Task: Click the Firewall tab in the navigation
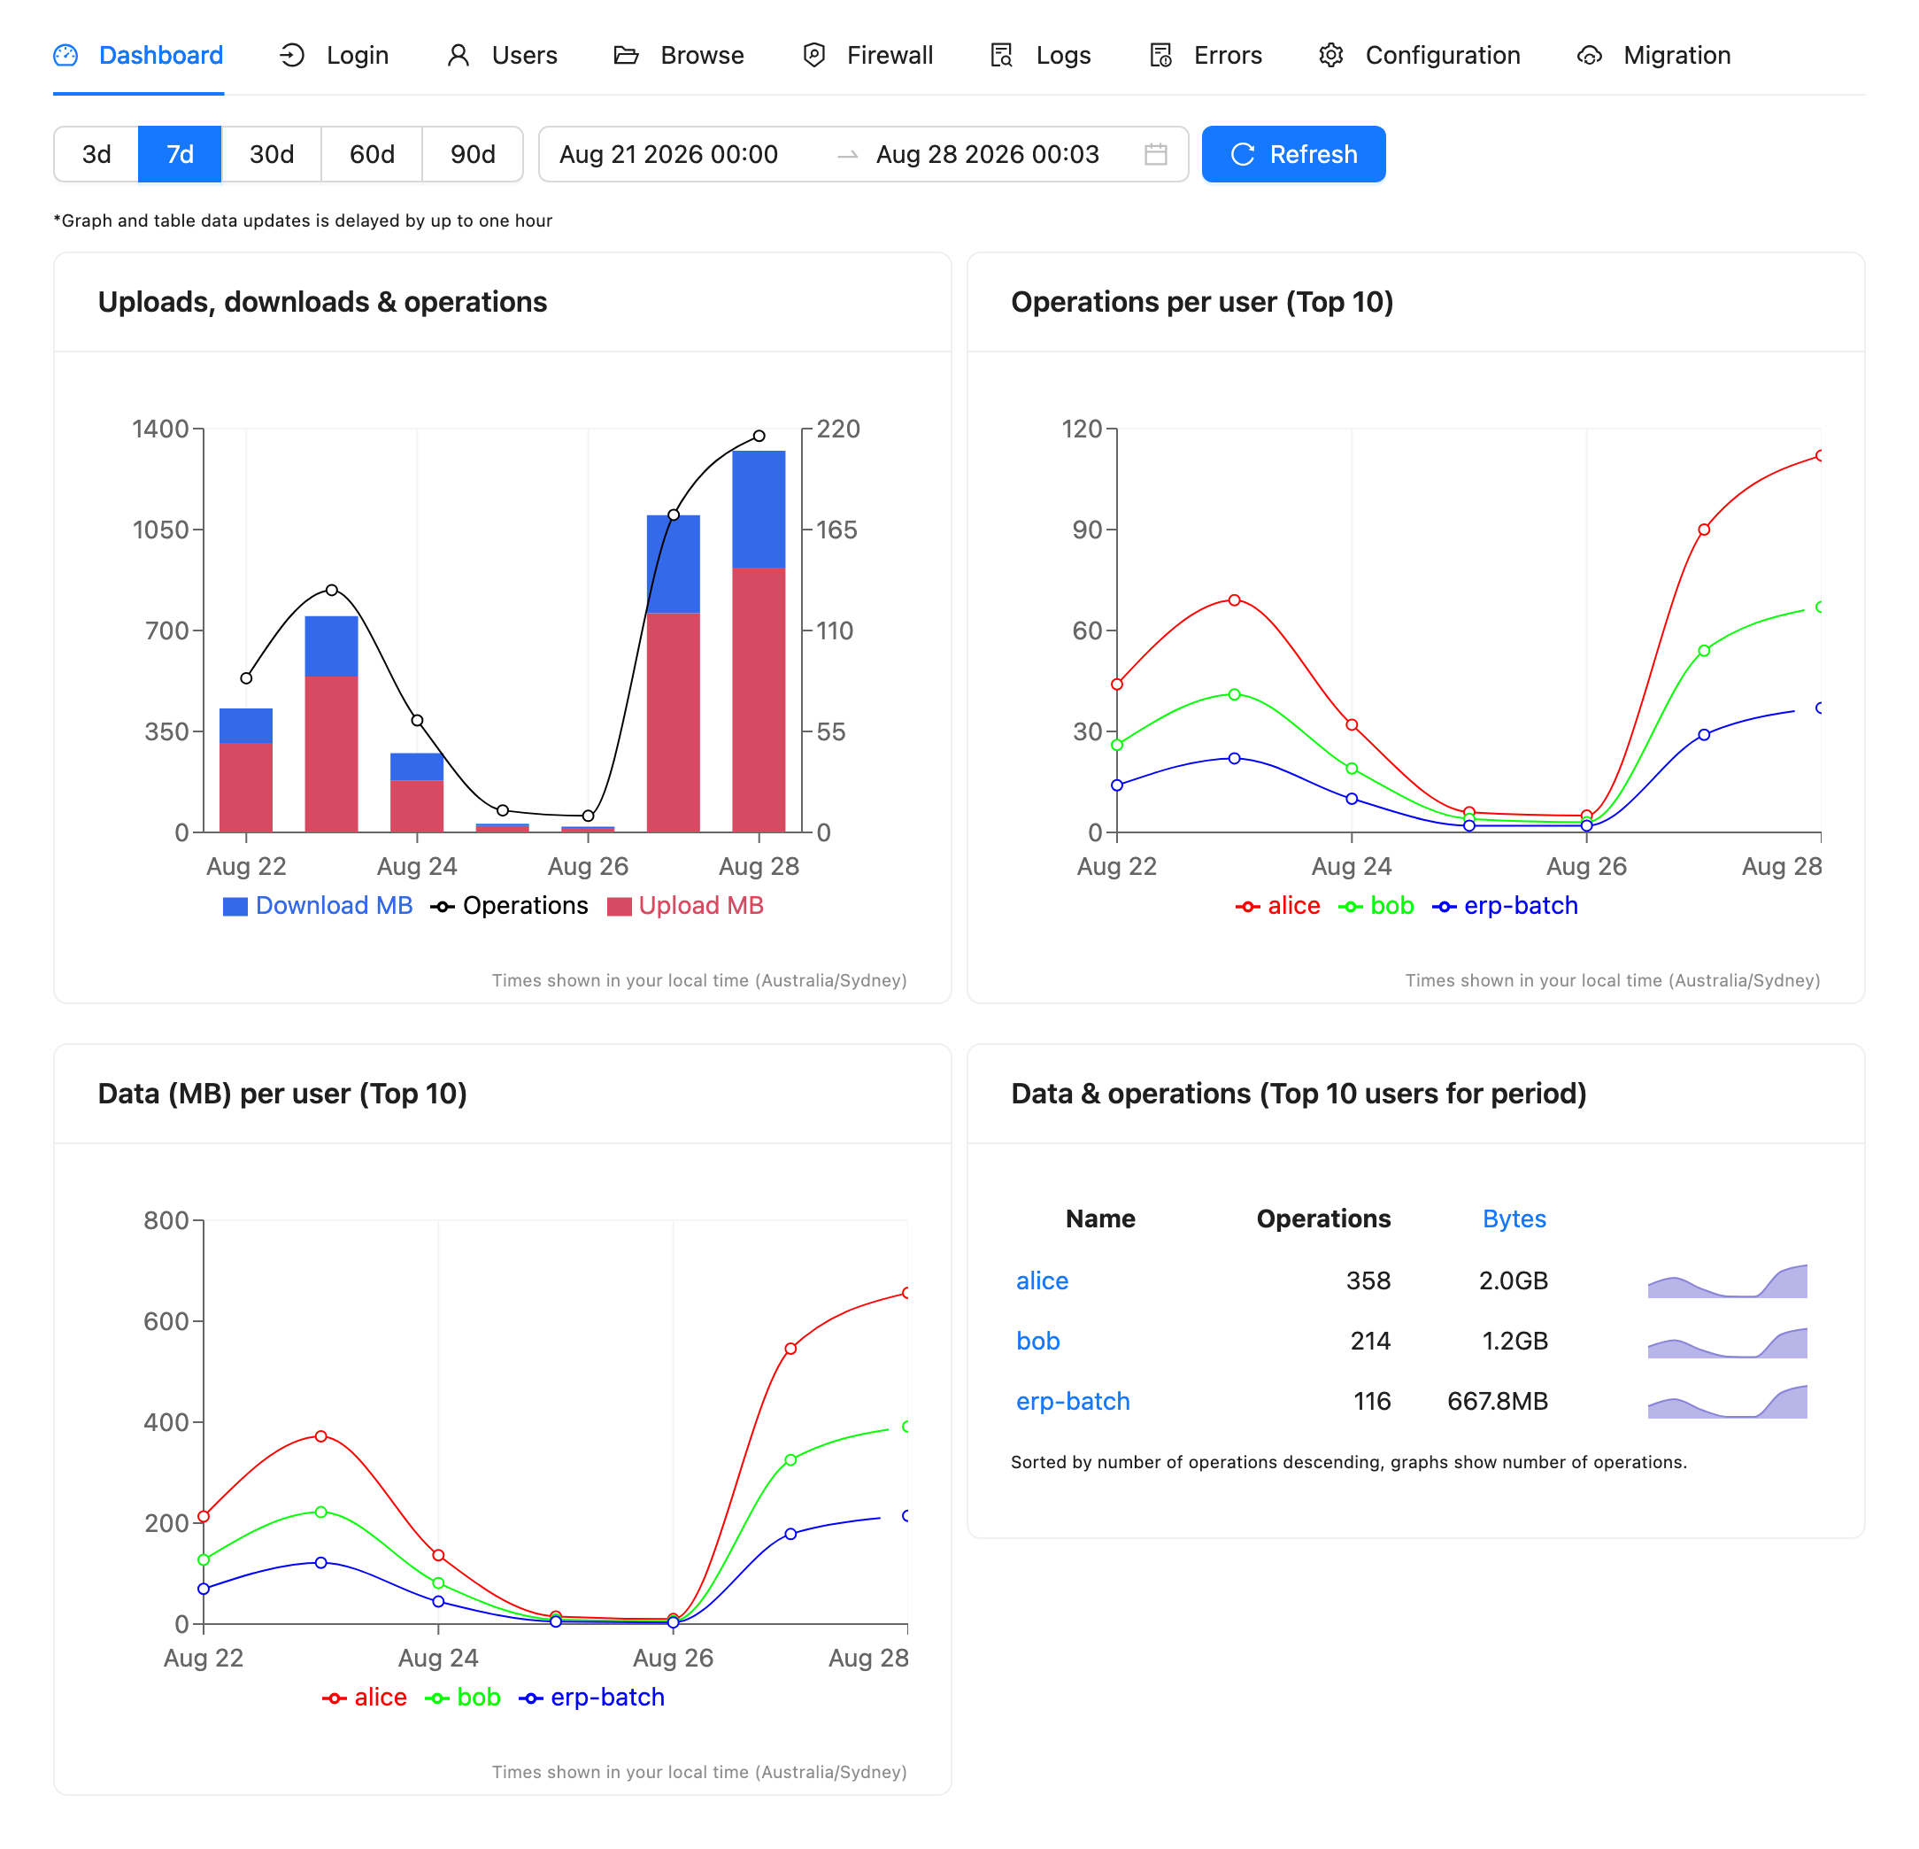pyautogui.click(x=867, y=56)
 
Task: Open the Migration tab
pyautogui.click(x=1653, y=56)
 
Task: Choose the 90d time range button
pyautogui.click(x=473, y=154)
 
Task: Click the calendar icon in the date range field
pyautogui.click(x=1155, y=154)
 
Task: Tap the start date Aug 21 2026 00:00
pyautogui.click(x=668, y=154)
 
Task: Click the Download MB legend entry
pyautogui.click(x=318, y=906)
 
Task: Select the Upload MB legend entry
pyautogui.click(x=685, y=906)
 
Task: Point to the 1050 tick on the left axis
pyautogui.click(x=160, y=530)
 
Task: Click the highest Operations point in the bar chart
pyautogui.click(x=759, y=436)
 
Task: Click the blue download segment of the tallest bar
pyautogui.click(x=759, y=509)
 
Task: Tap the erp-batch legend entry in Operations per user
pyautogui.click(x=1506, y=906)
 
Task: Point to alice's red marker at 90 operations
pyautogui.click(x=1704, y=530)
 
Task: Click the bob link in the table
pyautogui.click(x=1037, y=1341)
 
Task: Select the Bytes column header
pyautogui.click(x=1514, y=1218)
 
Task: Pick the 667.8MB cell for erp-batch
pyautogui.click(x=1497, y=1402)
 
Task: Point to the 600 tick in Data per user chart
pyautogui.click(x=166, y=1321)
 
